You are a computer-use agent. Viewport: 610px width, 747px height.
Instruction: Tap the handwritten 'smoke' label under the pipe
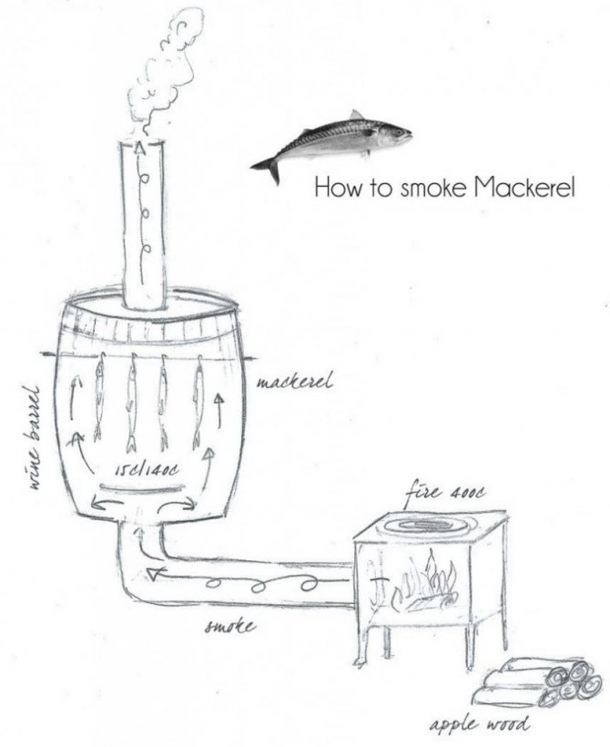coord(229,626)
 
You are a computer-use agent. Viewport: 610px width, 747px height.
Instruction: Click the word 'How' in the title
coord(333,189)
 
